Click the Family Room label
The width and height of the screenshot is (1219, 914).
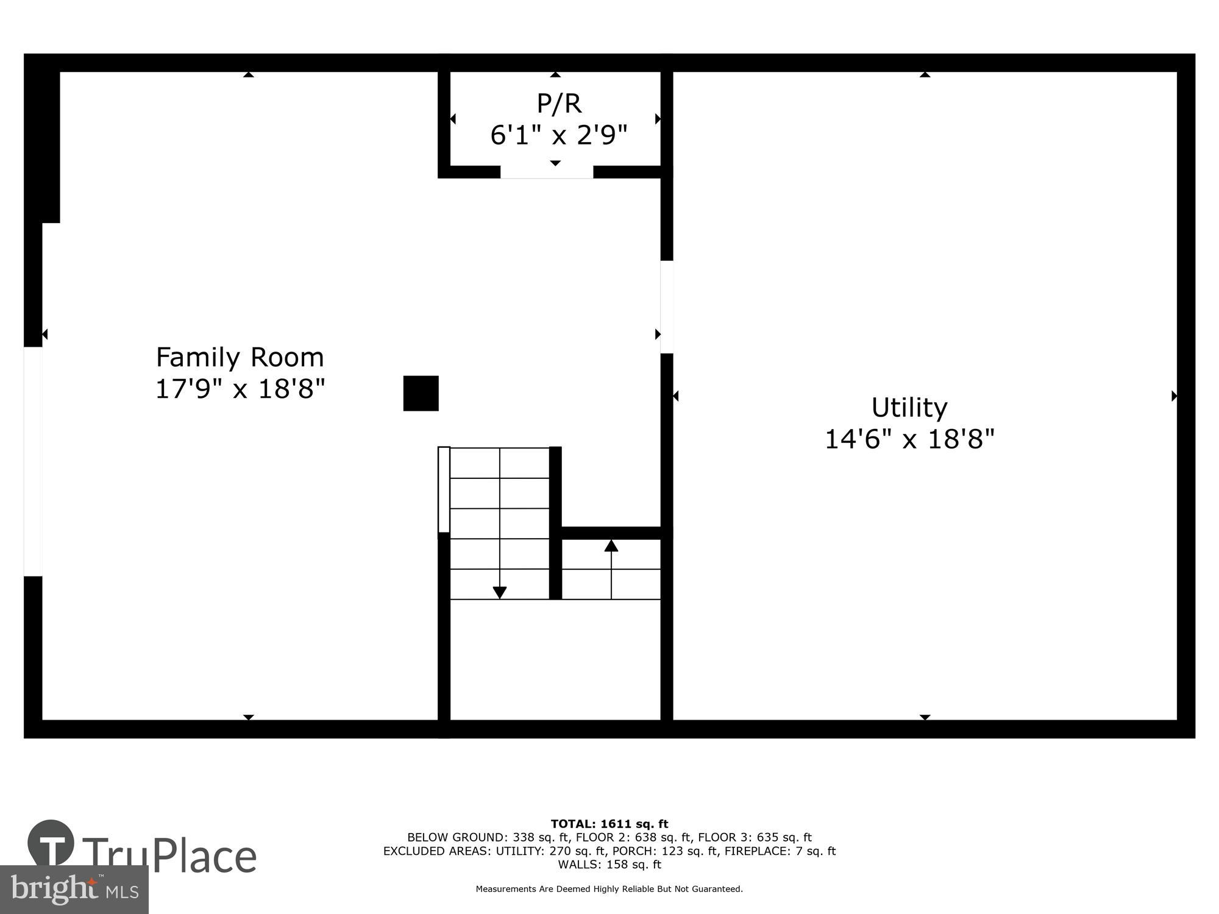[x=240, y=357]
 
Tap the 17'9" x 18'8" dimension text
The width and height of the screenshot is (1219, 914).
[x=240, y=389]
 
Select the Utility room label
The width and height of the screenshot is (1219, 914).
[x=909, y=408]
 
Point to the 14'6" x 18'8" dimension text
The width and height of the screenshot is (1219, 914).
[x=909, y=439]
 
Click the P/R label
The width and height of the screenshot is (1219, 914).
[x=558, y=104]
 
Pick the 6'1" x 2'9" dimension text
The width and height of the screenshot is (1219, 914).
[x=558, y=135]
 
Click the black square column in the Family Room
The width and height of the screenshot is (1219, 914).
[x=421, y=393]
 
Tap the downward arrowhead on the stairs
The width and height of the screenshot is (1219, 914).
[x=499, y=592]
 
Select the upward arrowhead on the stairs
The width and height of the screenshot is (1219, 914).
[x=611, y=545]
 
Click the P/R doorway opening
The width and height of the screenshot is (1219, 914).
[x=547, y=172]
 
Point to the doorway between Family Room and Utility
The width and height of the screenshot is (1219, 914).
[x=667, y=307]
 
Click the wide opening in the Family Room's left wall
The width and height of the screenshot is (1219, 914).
[x=33, y=461]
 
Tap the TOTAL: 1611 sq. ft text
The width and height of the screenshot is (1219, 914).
[x=609, y=824]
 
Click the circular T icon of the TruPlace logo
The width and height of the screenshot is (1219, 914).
[x=51, y=843]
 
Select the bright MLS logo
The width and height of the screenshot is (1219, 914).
[x=74, y=890]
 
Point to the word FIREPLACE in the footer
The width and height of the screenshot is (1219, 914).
[x=759, y=851]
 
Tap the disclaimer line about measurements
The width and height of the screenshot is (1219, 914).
[x=609, y=889]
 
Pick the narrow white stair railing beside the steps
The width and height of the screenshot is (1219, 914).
[x=444, y=490]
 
